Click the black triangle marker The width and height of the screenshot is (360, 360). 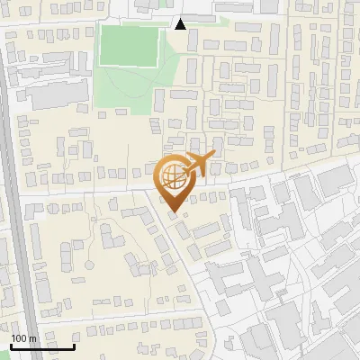(181, 24)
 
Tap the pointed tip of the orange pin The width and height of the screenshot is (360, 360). (175, 213)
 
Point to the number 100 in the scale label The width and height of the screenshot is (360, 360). (20, 337)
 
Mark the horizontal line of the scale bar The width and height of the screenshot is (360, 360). (42, 346)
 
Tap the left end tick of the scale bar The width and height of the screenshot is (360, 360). (11, 344)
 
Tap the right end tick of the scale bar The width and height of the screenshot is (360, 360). (74, 344)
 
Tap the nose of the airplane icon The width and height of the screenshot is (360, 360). (214, 158)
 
